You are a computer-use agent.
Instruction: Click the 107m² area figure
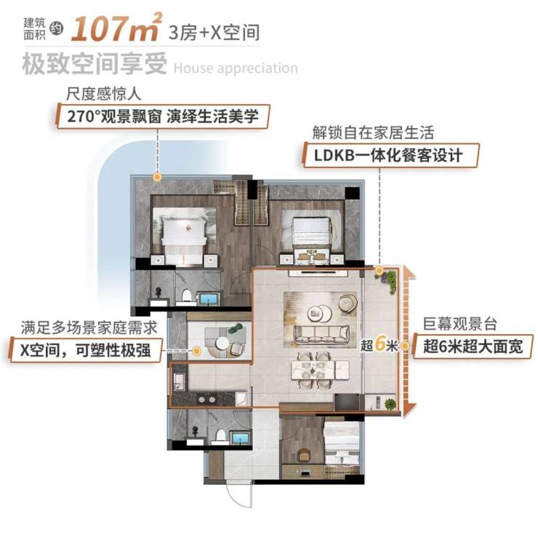(116, 28)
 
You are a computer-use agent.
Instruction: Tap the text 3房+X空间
(214, 33)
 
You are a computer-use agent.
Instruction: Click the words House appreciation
(236, 68)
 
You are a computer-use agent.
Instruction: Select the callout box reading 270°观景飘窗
(162, 116)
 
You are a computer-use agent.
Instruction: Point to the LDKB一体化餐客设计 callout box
(390, 155)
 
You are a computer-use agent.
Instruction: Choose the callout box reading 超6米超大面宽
(473, 346)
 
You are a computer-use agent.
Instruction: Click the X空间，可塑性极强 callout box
(86, 350)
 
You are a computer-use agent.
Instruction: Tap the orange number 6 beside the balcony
(380, 344)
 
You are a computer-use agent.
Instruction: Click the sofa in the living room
(321, 334)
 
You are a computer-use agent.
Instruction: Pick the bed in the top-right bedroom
(311, 239)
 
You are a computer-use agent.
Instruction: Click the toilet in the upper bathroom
(187, 296)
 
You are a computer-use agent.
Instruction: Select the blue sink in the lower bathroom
(241, 437)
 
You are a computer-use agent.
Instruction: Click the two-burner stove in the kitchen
(206, 400)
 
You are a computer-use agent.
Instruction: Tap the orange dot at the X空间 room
(196, 351)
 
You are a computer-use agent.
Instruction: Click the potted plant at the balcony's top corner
(389, 280)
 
